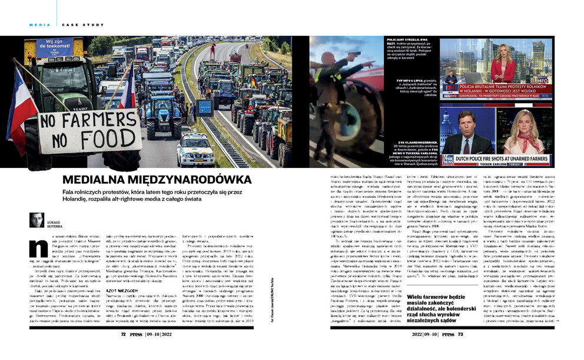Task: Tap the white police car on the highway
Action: tap(197, 153)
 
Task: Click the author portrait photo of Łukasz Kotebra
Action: tap(36, 219)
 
